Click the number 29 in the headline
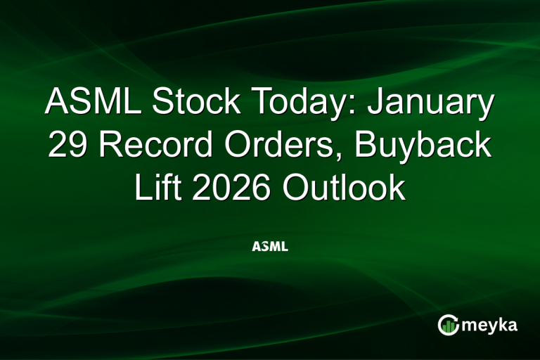pyautogui.click(x=67, y=146)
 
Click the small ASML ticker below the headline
pyautogui.click(x=270, y=248)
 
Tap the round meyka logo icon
pyautogui.click(x=448, y=325)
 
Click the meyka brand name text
pyautogui.click(x=491, y=326)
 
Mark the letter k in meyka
pyautogui.click(x=503, y=325)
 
